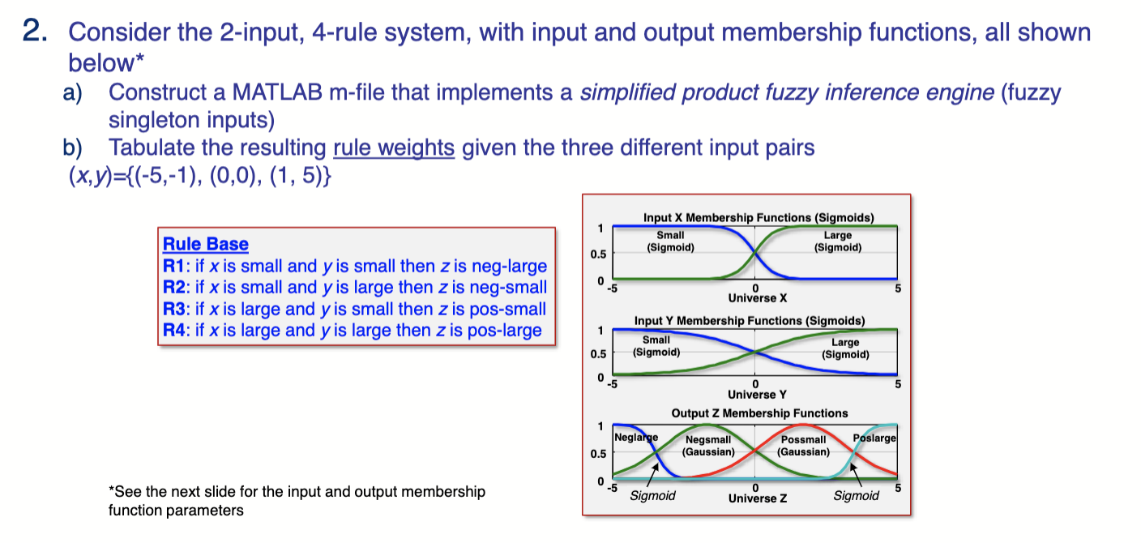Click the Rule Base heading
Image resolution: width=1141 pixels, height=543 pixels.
[x=206, y=244]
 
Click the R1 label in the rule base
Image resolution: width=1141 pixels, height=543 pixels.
[x=173, y=266]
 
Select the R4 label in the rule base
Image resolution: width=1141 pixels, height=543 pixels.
[x=173, y=331]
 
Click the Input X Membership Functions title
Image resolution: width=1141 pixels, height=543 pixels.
[x=759, y=218]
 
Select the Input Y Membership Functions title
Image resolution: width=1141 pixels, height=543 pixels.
[x=750, y=321]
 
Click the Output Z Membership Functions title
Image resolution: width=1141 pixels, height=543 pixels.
[x=759, y=413]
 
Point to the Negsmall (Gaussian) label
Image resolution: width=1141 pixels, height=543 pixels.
[x=708, y=445]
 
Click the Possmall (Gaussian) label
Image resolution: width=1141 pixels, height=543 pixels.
[x=803, y=445]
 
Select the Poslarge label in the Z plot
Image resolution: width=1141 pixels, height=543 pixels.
[x=874, y=438]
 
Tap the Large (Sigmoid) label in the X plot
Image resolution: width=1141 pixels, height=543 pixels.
[x=838, y=241]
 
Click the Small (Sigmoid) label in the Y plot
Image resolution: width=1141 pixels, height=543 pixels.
[x=656, y=346]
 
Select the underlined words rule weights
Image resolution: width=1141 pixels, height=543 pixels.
[x=394, y=148]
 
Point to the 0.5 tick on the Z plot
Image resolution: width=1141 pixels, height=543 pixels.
[x=598, y=453]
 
